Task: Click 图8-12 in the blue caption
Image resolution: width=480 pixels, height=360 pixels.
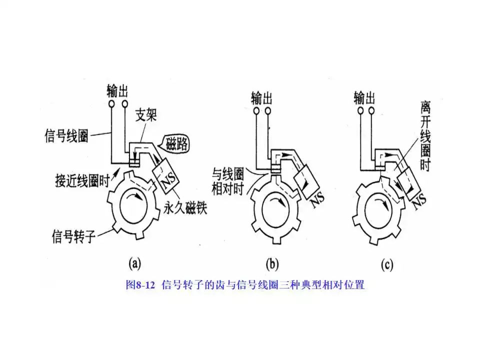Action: (x=141, y=285)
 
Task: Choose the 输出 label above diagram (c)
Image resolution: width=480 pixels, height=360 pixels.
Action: (x=364, y=95)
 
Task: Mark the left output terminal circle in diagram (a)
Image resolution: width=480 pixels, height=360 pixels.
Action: (x=111, y=104)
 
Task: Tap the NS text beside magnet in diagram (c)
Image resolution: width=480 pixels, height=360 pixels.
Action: (x=419, y=199)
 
